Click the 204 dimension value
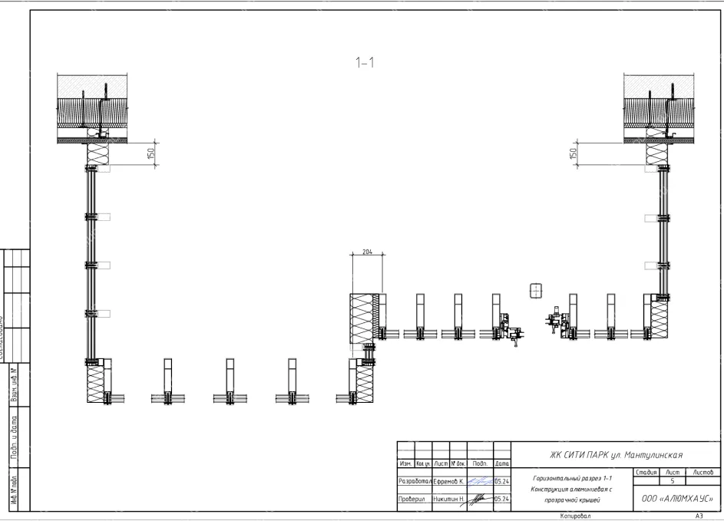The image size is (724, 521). (x=367, y=252)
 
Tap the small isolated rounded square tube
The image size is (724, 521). (x=536, y=290)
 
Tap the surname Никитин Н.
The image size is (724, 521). (x=448, y=498)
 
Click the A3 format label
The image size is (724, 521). (x=699, y=516)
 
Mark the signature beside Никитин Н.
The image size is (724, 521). (x=478, y=497)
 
